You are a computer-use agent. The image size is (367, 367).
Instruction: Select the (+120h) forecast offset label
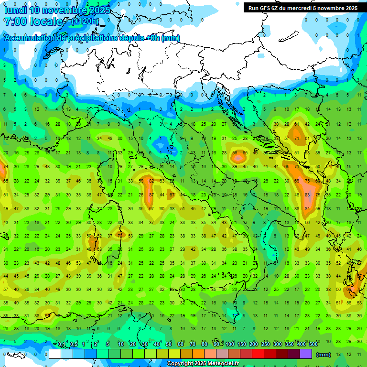(x=85, y=21)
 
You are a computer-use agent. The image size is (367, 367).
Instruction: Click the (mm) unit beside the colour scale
(x=324, y=355)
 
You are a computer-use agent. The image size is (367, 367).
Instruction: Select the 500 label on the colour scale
(x=313, y=345)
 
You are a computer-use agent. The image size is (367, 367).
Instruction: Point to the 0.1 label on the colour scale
(x=62, y=345)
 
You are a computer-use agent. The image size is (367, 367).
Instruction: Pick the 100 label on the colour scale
(x=230, y=345)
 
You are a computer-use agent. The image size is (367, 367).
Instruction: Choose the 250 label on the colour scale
(x=266, y=345)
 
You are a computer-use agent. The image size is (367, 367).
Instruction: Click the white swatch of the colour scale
(x=55, y=354)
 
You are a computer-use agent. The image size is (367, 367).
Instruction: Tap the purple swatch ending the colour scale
(x=306, y=354)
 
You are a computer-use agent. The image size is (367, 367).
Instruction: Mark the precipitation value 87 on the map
(x=151, y=195)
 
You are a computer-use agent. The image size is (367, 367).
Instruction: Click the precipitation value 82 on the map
(x=151, y=181)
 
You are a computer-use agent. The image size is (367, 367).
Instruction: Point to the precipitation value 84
(x=307, y=209)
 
